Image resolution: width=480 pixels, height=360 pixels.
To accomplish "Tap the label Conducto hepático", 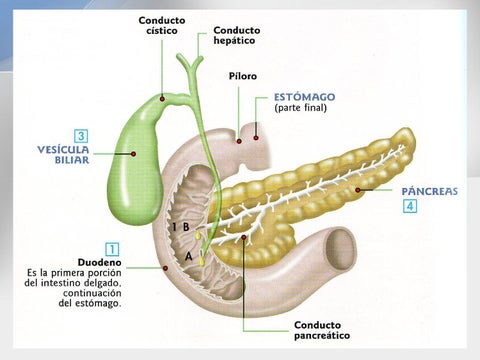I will (x=236, y=37).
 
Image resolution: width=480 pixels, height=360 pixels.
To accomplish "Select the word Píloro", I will (x=243, y=75).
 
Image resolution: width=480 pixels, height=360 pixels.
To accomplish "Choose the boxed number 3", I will (x=80, y=134).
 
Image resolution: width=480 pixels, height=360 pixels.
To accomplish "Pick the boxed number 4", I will (x=410, y=206).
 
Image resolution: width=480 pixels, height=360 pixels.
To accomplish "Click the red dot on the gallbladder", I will (x=134, y=153).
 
